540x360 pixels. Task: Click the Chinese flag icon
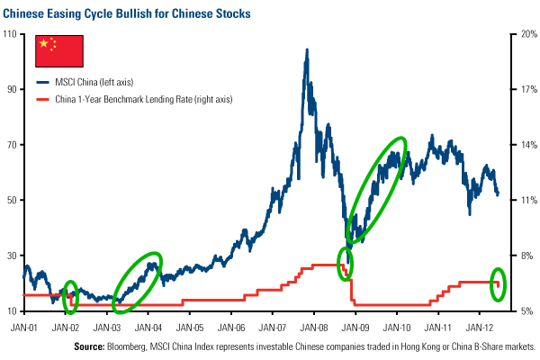point(58,52)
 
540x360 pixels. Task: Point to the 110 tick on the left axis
point(12,33)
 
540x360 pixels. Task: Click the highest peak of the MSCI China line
point(307,49)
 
